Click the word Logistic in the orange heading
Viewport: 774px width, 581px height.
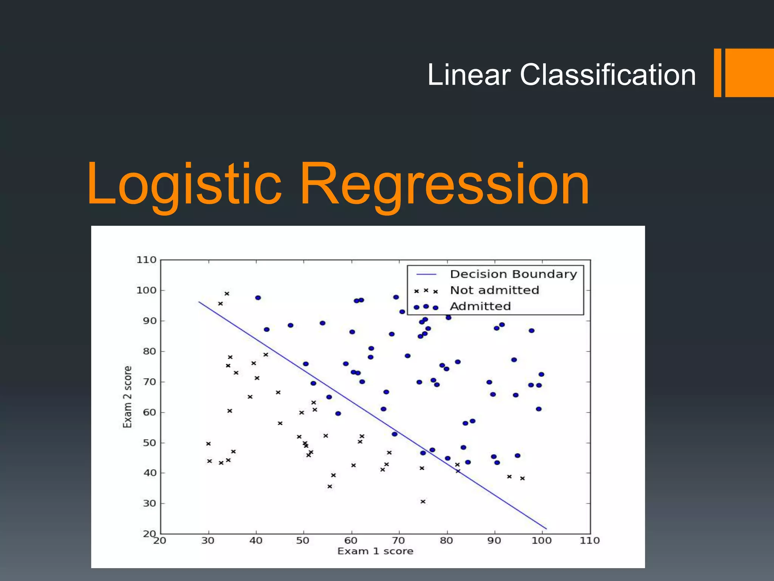point(184,184)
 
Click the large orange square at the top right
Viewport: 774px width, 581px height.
point(749,73)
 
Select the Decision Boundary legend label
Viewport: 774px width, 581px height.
point(513,274)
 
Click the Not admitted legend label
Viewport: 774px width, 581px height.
point(494,290)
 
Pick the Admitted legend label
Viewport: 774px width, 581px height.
point(480,306)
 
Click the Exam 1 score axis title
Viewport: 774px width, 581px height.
point(375,551)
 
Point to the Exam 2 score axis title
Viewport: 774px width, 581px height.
point(128,397)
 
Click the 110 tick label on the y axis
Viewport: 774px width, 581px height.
point(146,260)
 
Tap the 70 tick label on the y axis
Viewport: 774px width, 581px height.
point(150,382)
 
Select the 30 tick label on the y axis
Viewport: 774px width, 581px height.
point(150,503)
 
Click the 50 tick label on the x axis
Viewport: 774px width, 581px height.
point(303,541)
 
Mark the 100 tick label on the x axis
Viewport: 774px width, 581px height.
point(542,541)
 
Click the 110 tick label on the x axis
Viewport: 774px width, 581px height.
point(590,541)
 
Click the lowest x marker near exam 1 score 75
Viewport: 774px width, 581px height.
point(423,502)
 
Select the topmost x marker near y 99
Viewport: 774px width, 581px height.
point(227,294)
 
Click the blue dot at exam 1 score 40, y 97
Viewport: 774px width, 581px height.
point(258,298)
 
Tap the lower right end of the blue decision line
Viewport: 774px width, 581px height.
point(546,528)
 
